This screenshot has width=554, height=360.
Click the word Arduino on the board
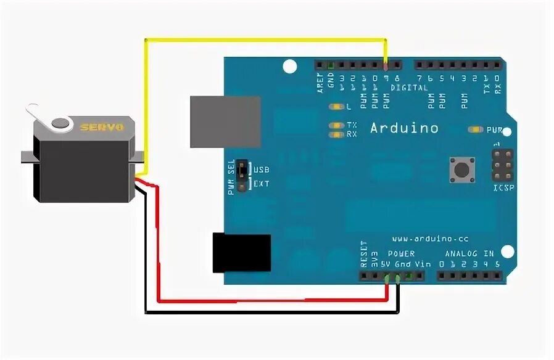[x=404, y=128]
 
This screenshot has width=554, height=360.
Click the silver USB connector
[x=225, y=121]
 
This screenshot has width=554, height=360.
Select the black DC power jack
[x=241, y=253]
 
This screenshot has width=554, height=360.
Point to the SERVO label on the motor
[x=102, y=127]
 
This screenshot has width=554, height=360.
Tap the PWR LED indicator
[x=476, y=129]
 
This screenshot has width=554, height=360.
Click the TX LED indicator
[x=337, y=125]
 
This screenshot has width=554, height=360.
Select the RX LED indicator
[x=337, y=134]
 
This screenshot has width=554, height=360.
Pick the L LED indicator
[x=337, y=107]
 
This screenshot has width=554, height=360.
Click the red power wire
[x=265, y=301]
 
